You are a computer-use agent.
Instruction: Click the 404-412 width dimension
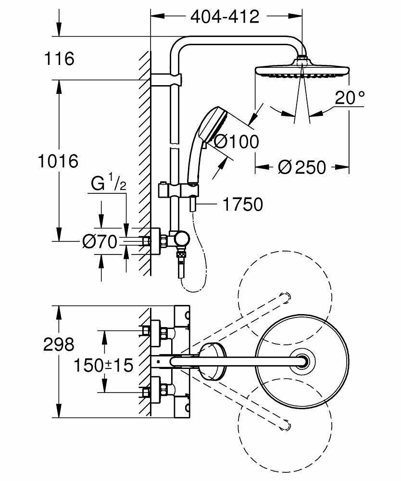(x=225, y=17)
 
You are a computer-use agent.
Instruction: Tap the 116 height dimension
(x=59, y=59)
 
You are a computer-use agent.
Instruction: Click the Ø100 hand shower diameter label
(x=236, y=141)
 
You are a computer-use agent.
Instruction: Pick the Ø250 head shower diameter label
(x=302, y=167)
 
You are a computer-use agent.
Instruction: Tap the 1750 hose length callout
(x=243, y=204)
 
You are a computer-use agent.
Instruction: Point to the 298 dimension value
(x=58, y=344)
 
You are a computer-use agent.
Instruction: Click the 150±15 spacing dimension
(x=103, y=365)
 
